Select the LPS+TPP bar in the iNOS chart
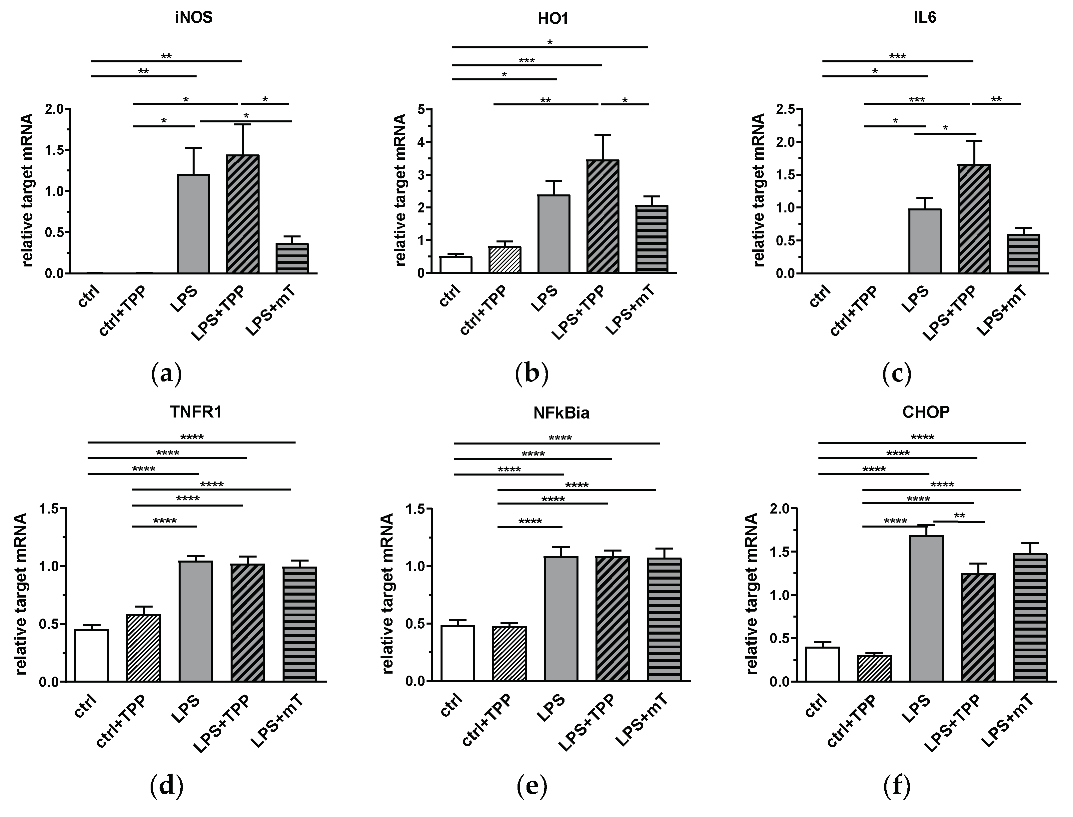(243, 214)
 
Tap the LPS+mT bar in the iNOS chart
(292, 258)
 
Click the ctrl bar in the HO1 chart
(456, 264)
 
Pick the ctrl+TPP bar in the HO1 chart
(505, 260)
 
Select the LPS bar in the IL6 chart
(925, 241)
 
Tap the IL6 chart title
(925, 17)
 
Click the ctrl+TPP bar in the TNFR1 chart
(144, 647)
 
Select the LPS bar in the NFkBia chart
(561, 618)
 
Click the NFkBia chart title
(561, 413)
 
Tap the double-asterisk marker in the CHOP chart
(959, 516)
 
